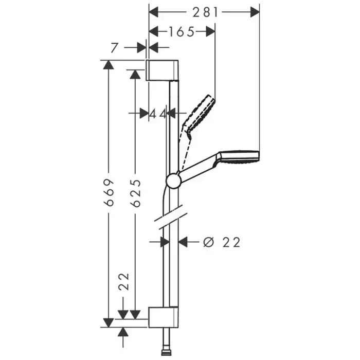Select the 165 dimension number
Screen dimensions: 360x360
click(x=181, y=32)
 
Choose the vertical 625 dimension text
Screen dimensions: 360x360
click(x=136, y=193)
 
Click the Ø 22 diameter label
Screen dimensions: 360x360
click(x=222, y=242)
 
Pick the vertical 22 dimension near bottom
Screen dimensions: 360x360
click(x=123, y=282)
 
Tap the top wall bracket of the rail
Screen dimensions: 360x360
click(x=163, y=70)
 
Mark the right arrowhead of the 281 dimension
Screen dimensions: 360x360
click(x=255, y=12)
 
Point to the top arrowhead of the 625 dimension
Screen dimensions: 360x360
click(x=135, y=75)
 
